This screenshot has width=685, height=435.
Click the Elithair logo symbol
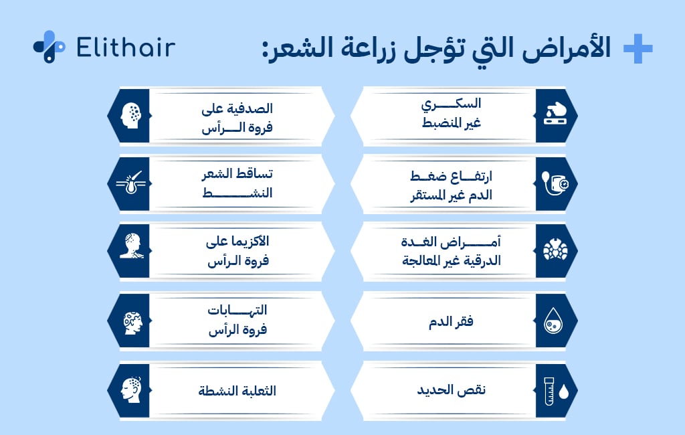49,47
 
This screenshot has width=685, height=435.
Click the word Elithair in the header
126,48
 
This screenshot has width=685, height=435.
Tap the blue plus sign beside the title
637,50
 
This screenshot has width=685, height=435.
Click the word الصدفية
252,108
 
